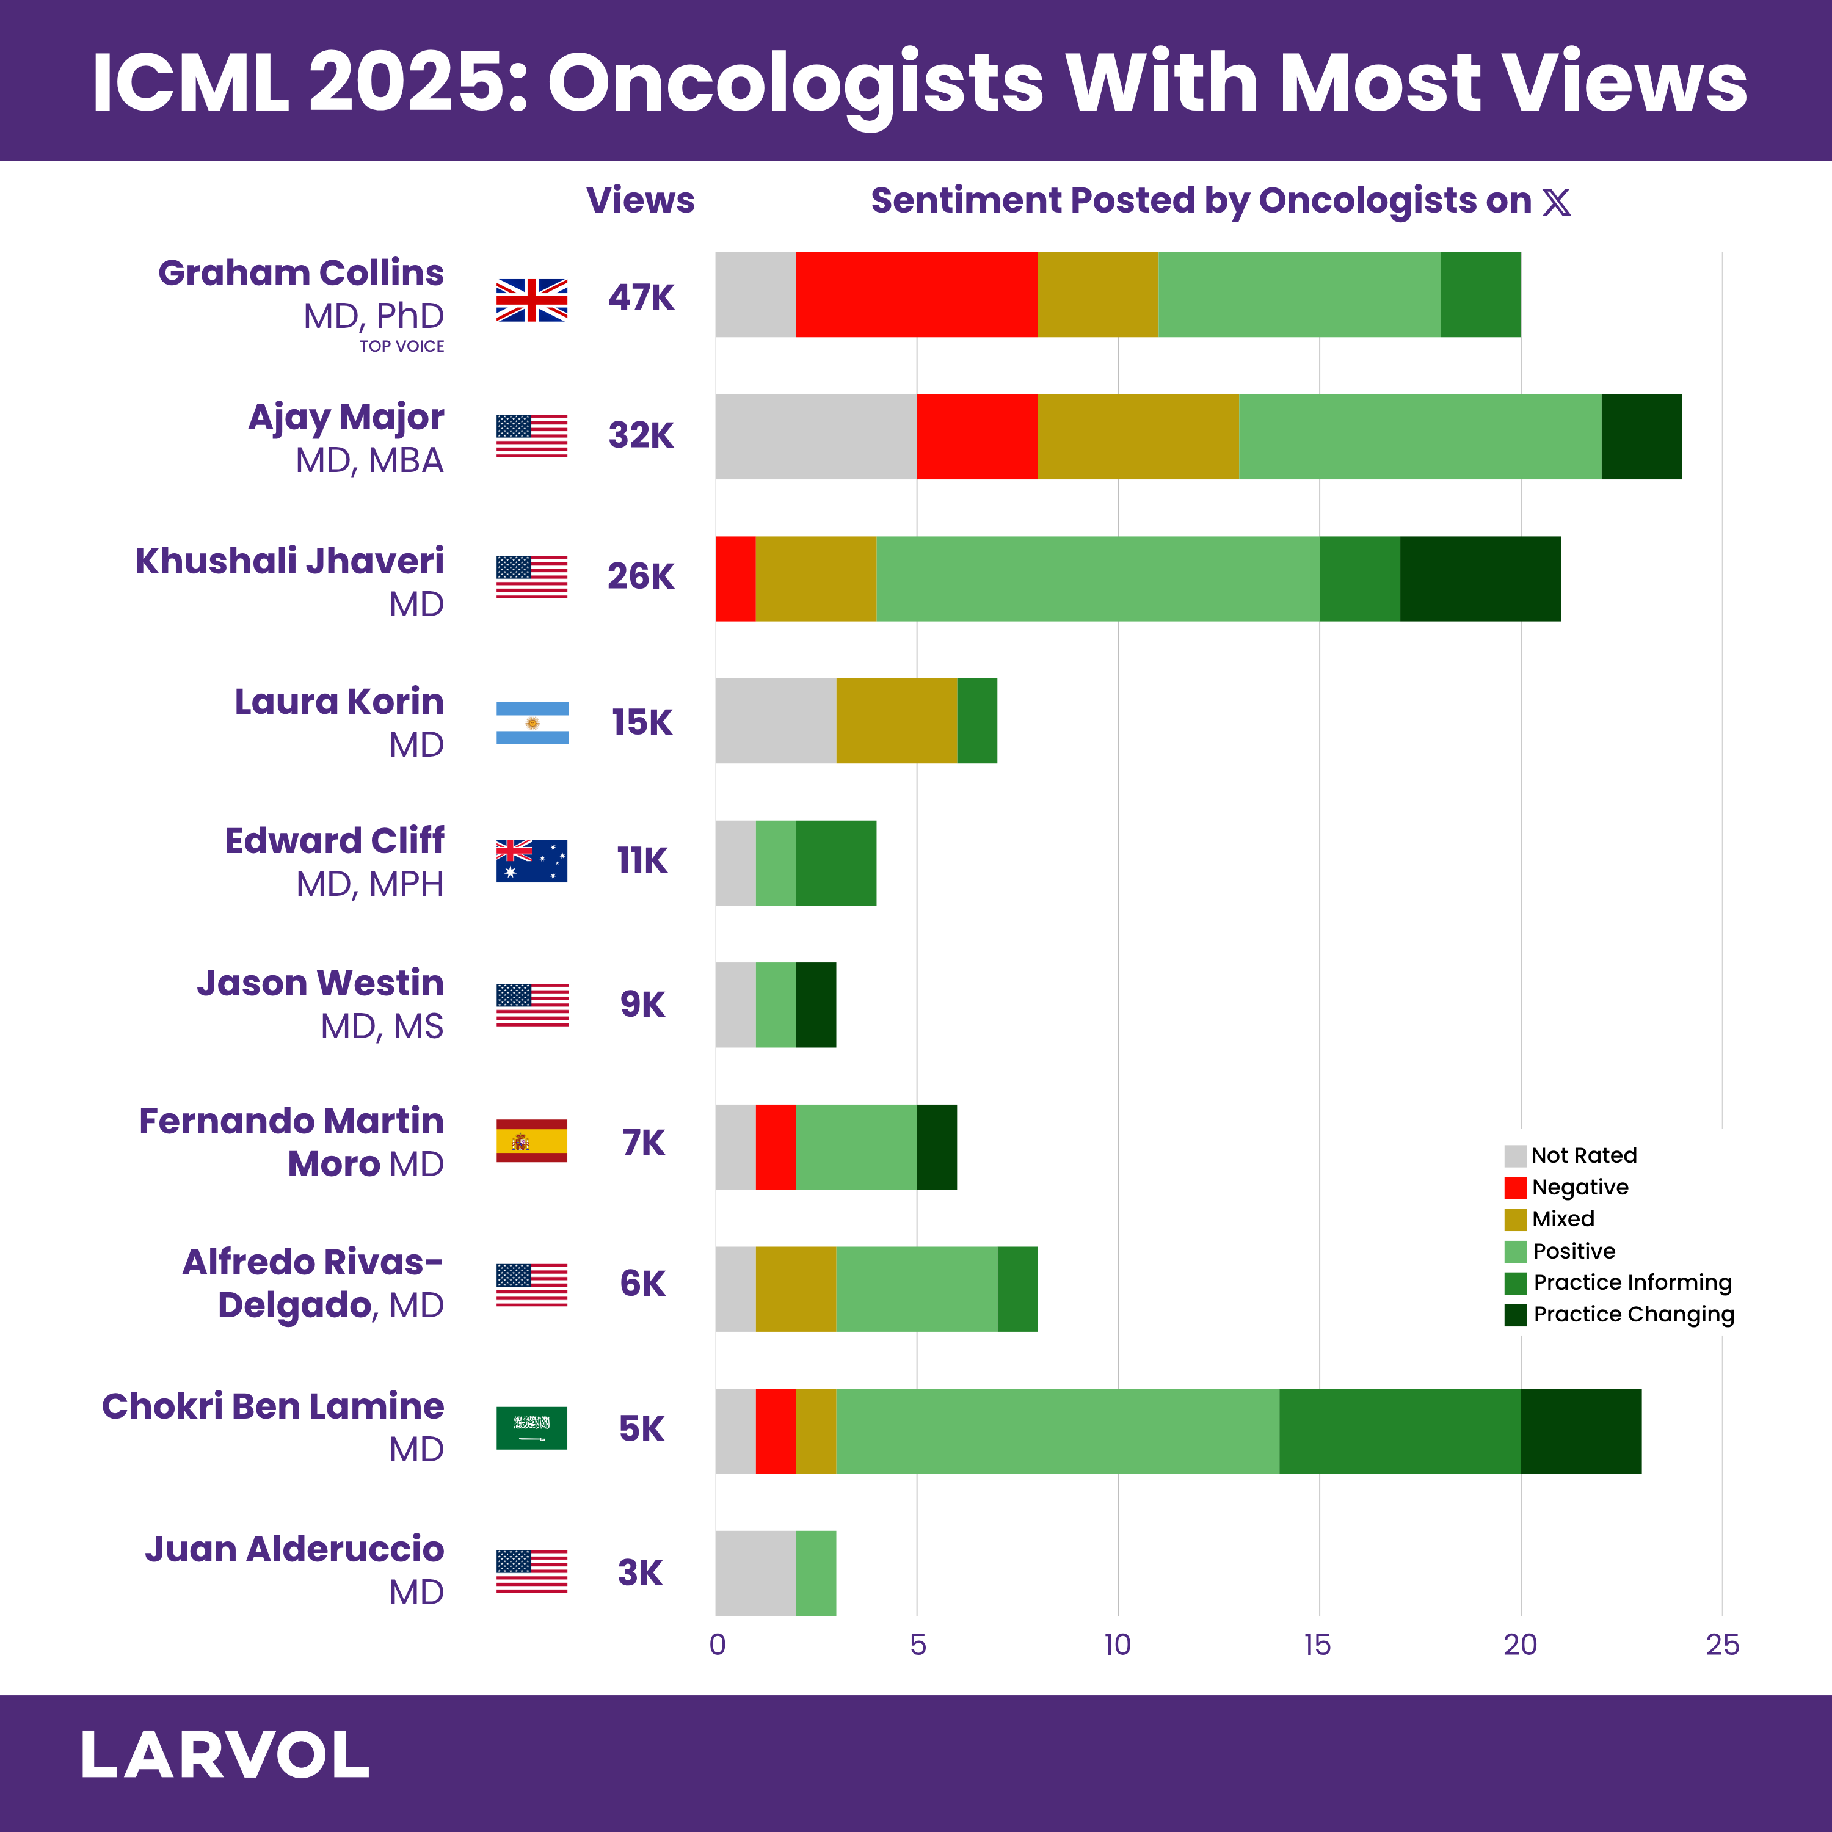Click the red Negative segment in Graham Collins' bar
tap(916, 295)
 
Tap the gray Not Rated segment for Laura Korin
tap(776, 721)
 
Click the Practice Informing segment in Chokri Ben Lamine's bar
tap(1400, 1431)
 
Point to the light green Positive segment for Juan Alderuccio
tap(815, 1573)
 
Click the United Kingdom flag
tap(532, 300)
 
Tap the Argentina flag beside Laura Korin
tap(532, 722)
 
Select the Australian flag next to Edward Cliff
tap(532, 861)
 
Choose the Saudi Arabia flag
tap(532, 1428)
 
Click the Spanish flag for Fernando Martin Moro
tap(532, 1141)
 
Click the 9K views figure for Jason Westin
tap(642, 1004)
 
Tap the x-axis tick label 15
tap(1317, 1645)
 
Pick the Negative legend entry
tap(1579, 1187)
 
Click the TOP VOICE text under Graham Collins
tap(401, 347)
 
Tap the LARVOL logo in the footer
tap(225, 1755)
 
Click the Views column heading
tap(640, 201)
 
